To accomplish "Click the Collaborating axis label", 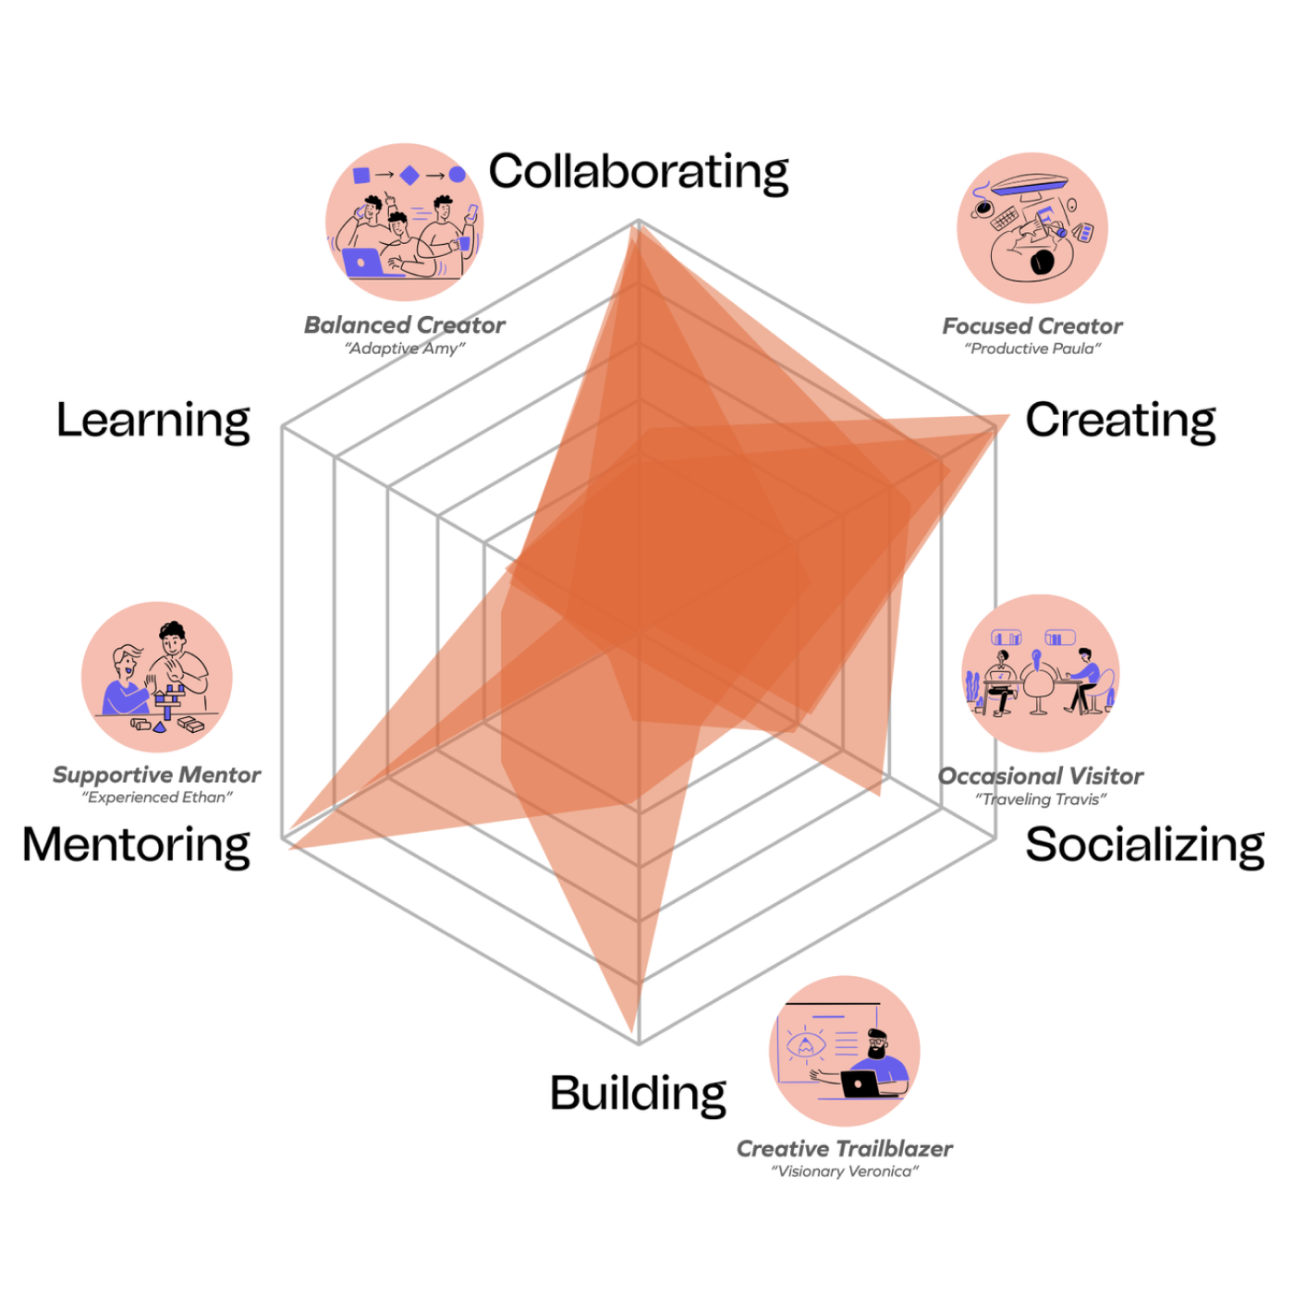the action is coord(638,172).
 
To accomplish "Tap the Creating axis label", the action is coord(1120,421).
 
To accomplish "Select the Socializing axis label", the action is coord(1144,845).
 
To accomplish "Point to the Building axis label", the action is coord(638,1093).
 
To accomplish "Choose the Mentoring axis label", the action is coord(136,845).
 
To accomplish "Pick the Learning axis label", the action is coord(153,421).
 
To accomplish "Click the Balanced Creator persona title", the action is coord(405,325).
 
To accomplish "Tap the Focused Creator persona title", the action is coord(1032,326).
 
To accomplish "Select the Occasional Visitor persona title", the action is coord(1041,776).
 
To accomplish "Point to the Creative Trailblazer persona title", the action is coord(844,1149).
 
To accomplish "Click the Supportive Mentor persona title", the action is coord(156,775).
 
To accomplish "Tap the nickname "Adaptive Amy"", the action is coord(405,348).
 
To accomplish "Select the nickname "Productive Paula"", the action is coord(1032,348).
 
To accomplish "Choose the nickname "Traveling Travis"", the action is coord(1041,800).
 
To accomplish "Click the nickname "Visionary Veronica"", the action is coord(845,1171).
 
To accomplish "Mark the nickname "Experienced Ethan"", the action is coord(156,797).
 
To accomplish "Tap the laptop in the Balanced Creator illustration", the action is coord(362,262).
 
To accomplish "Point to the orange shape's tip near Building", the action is coord(633,1032).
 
